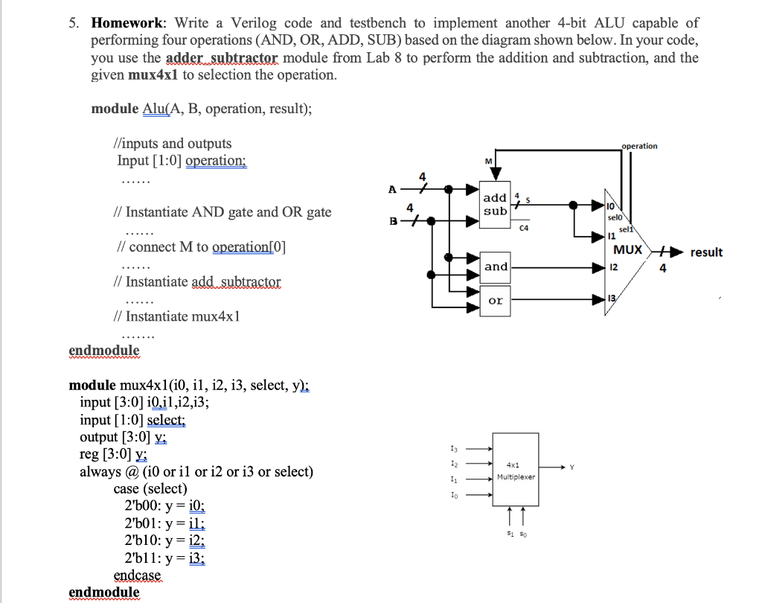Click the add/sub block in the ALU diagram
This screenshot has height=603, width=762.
tap(496, 204)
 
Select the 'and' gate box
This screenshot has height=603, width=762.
tap(496, 267)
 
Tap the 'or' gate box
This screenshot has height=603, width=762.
tap(496, 300)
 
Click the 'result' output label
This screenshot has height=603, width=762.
tap(706, 252)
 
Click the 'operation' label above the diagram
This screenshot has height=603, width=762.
tap(639, 146)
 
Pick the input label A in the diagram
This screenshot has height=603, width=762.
tap(392, 189)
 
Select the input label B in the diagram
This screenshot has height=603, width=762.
tap(392, 221)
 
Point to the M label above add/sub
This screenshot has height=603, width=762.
tap(488, 162)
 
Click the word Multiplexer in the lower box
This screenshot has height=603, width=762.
tap(517, 476)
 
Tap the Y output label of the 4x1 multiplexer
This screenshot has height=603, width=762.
tap(571, 468)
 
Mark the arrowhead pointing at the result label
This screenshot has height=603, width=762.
tap(678, 252)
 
